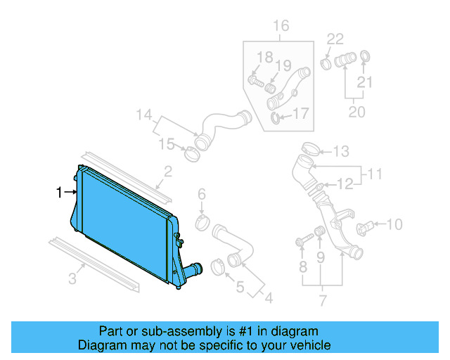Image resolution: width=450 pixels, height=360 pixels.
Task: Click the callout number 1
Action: point(60,191)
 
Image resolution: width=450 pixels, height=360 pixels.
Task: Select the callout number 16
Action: point(281,27)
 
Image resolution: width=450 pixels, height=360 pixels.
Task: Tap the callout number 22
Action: point(335,39)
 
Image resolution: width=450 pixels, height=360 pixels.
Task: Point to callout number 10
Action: point(394,225)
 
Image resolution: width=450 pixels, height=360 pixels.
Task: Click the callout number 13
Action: point(341,151)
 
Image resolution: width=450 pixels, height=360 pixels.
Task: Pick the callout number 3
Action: point(72,279)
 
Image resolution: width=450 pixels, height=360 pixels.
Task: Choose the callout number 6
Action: point(201,194)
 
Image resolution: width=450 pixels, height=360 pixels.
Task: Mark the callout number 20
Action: point(357,112)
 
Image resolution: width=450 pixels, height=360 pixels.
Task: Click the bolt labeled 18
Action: point(255,82)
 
